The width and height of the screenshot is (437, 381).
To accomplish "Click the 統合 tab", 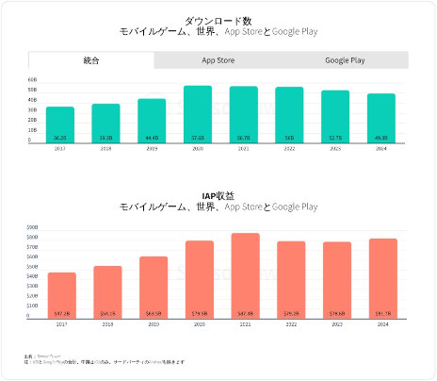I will [x=91, y=60].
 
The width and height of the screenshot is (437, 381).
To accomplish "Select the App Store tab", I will [x=218, y=60].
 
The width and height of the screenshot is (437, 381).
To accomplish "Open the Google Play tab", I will [x=345, y=60].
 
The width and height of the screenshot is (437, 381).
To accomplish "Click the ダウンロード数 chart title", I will [x=218, y=19].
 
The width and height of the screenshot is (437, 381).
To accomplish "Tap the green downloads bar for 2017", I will [x=60, y=123].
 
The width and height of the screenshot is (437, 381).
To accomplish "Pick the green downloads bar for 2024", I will [x=381, y=117].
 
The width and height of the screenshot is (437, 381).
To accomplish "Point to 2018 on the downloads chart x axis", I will [x=105, y=147].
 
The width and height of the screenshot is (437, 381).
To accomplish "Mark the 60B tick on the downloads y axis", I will [x=33, y=80].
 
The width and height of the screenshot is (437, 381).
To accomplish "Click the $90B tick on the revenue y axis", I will [x=33, y=228].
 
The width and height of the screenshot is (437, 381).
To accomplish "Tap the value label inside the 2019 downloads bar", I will [x=152, y=138].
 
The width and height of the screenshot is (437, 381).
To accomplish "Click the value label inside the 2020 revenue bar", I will [x=199, y=311].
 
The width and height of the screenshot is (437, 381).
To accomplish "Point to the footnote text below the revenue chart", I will [x=104, y=361].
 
